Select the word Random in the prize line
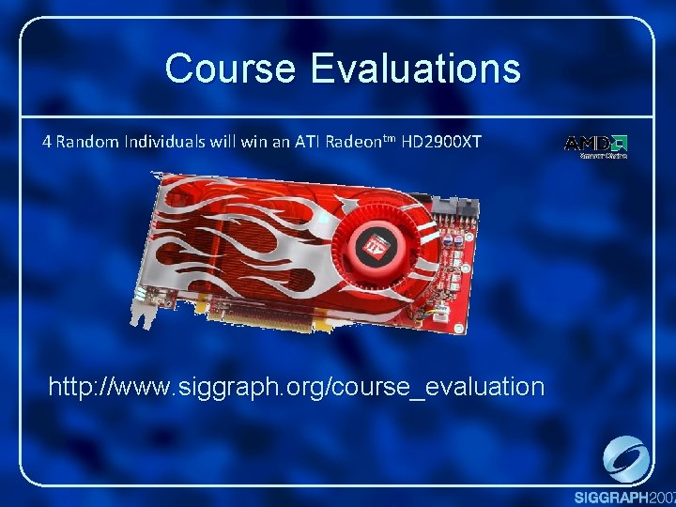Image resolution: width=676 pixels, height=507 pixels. pyautogui.click(x=86, y=143)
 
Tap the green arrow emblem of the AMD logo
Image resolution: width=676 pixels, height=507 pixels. pyautogui.click(x=620, y=144)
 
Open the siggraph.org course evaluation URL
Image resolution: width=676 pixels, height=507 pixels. pyautogui.click(x=296, y=386)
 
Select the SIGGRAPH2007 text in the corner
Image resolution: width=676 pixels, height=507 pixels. pyautogui.click(x=624, y=497)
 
